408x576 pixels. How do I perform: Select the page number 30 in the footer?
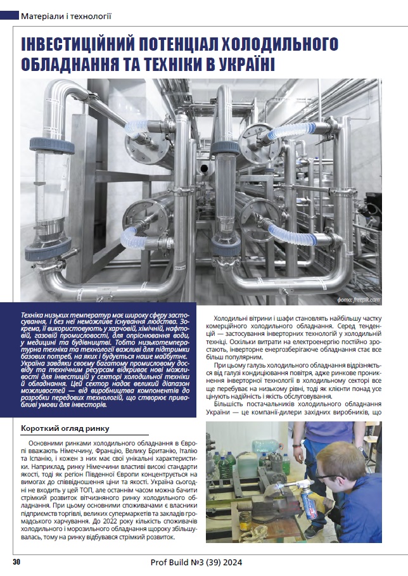click(x=17, y=562)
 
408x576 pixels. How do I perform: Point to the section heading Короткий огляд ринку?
click(x=65, y=428)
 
